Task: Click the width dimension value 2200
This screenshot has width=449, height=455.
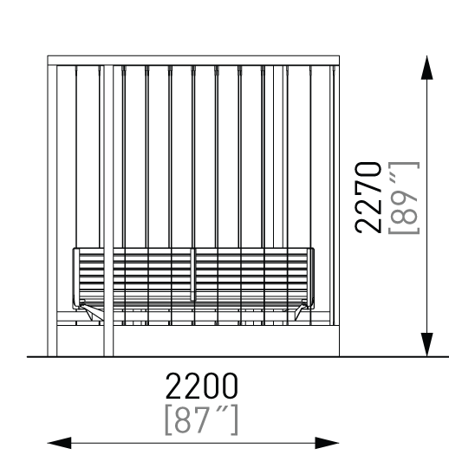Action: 202,386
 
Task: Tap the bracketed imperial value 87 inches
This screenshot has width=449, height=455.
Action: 202,419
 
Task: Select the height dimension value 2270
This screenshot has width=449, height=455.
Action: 368,198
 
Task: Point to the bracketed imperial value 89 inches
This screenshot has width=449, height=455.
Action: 404,198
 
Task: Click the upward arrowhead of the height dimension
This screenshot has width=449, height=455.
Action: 427,68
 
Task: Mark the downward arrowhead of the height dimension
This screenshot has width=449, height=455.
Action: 427,344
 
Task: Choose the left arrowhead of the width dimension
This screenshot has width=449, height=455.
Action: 59,443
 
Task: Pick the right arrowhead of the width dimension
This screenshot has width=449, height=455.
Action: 327,443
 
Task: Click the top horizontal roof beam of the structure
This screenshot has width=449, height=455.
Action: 193,61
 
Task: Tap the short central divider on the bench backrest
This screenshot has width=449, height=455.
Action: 193,275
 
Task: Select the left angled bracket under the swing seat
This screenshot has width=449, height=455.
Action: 91,312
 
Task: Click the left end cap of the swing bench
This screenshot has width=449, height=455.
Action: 76,278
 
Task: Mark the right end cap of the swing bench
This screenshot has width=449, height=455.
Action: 310,278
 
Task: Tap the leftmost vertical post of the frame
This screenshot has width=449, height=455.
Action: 52,211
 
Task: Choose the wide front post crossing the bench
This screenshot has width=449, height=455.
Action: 108,211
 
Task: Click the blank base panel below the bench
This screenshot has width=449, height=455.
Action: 226,341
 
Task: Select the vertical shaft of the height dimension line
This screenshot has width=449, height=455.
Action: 427,206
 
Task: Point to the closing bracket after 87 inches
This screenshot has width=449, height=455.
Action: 235,419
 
